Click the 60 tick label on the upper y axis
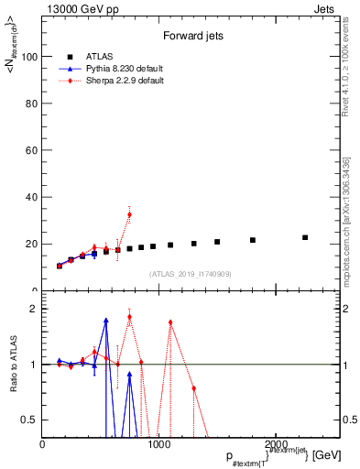pyautogui.click(x=32, y=150)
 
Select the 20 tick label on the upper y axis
pyautogui.click(x=32, y=244)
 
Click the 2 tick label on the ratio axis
pyautogui.click(x=35, y=309)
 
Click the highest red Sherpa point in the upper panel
pyautogui.click(x=129, y=214)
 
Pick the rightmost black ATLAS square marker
pyautogui.click(x=305, y=237)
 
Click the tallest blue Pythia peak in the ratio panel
pyautogui.click(x=106, y=321)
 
